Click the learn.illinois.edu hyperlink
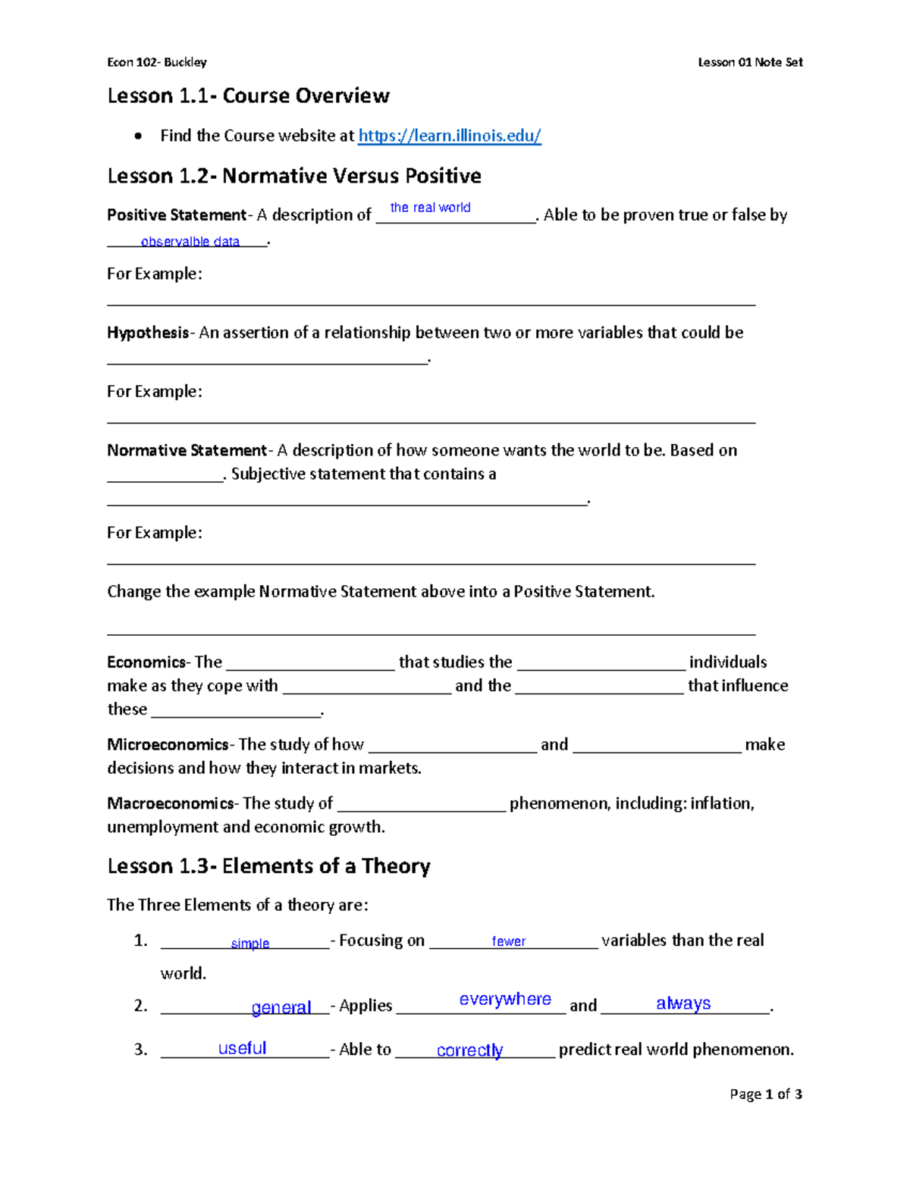click(449, 136)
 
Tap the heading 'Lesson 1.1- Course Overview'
click(248, 96)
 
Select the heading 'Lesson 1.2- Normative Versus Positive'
click(294, 176)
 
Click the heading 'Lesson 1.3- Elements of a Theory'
click(268, 866)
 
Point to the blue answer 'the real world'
click(430, 208)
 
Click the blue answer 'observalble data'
click(190, 242)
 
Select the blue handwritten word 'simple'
click(250, 944)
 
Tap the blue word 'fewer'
click(508, 941)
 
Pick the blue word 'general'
click(281, 1007)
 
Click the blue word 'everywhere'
click(505, 999)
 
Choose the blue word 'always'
click(683, 1003)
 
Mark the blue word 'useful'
click(242, 1048)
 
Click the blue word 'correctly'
click(469, 1050)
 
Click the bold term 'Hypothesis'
click(148, 333)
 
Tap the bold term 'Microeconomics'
click(168, 744)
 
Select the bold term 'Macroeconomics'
click(171, 803)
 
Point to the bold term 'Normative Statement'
click(187, 450)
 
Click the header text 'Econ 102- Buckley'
click(157, 62)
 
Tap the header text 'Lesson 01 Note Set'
click(750, 62)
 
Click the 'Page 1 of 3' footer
click(766, 1094)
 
